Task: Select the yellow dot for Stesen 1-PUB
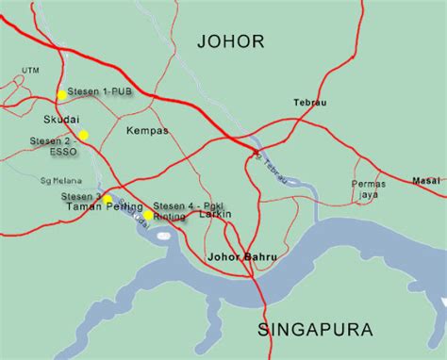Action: (61, 95)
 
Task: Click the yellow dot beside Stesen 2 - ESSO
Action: (83, 135)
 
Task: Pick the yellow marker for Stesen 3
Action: (108, 199)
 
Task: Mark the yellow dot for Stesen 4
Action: (148, 215)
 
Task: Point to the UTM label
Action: (30, 70)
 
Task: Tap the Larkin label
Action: (216, 216)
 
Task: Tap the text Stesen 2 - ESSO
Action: (49, 145)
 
